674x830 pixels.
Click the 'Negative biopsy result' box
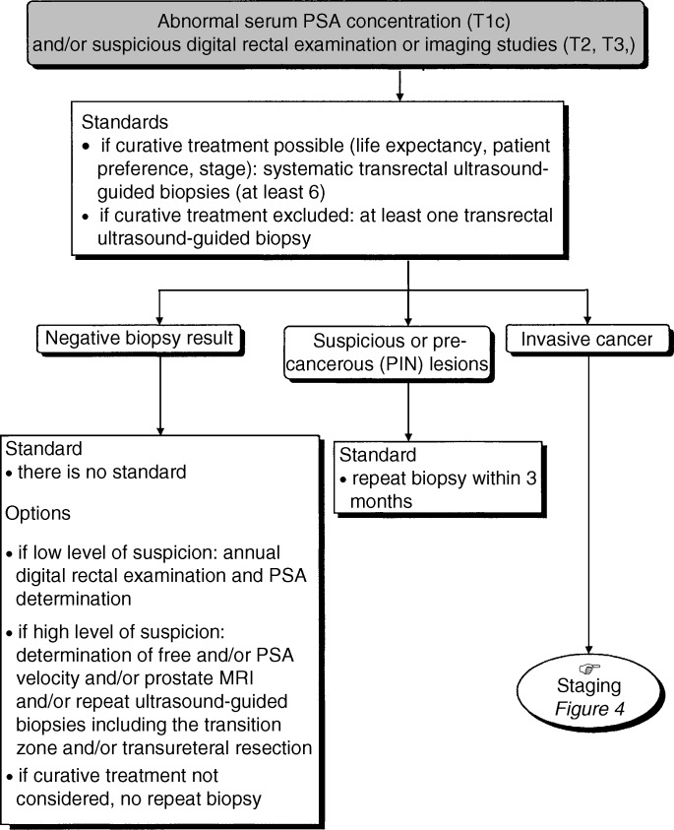coord(140,340)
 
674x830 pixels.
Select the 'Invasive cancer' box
coord(588,340)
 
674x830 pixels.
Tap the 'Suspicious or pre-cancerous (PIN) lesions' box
coord(388,353)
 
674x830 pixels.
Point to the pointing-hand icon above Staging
coord(589,669)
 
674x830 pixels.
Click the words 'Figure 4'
coord(589,709)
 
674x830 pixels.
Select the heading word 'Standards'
coord(125,122)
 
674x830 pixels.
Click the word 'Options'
coord(37,513)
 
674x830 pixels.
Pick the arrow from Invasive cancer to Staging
coord(588,504)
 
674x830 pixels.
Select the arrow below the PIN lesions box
coord(408,412)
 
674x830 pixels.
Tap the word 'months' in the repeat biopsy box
coord(381,501)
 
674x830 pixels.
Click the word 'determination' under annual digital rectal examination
coord(74,599)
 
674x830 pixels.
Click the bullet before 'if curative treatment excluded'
coord(87,218)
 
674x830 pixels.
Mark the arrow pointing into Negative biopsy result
coord(159,307)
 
